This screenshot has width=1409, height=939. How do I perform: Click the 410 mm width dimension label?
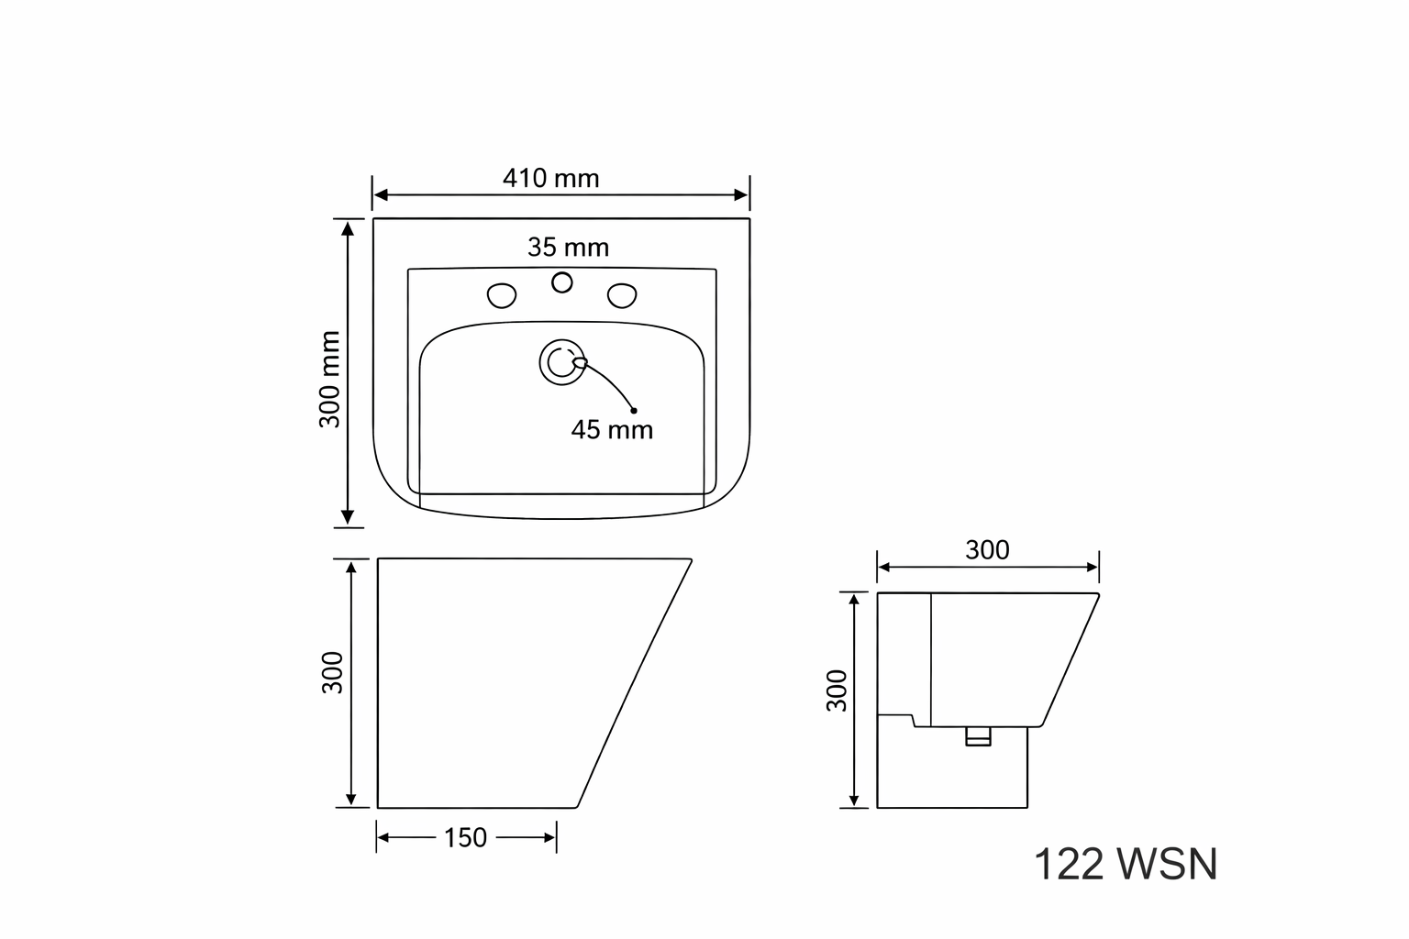tap(550, 179)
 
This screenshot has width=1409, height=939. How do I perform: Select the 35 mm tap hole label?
tap(568, 248)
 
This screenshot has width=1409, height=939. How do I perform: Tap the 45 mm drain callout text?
tap(612, 430)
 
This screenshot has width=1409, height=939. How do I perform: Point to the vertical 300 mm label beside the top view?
tap(329, 380)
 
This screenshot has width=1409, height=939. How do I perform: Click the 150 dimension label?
tap(465, 838)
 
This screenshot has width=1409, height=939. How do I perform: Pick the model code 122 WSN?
tap(1126, 864)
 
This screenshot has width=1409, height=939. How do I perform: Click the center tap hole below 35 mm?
tap(561, 283)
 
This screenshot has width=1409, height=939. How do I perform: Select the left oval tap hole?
tap(502, 295)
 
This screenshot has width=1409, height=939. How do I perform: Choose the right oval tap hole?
tap(622, 295)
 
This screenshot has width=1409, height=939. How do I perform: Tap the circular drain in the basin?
tap(561, 362)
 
